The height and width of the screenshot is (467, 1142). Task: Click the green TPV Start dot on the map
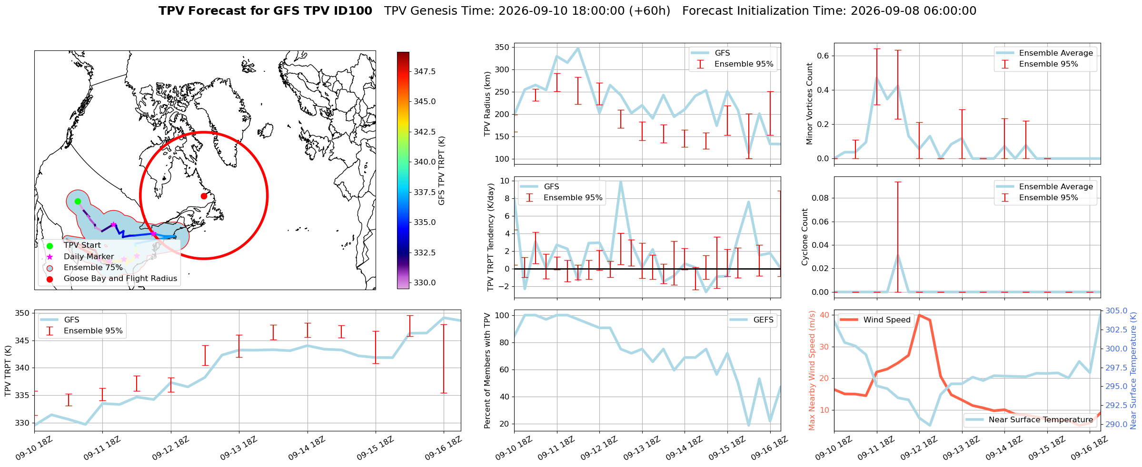(x=78, y=201)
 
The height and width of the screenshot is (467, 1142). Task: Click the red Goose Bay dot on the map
(x=204, y=196)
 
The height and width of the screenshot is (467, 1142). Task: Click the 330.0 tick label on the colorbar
(x=425, y=282)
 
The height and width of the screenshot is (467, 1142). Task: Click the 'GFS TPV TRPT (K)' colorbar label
(x=442, y=170)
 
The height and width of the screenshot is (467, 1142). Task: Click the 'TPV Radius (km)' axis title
(x=487, y=104)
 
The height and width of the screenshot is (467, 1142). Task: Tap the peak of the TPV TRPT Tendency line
(x=620, y=181)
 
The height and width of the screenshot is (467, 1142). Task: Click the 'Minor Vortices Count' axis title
(x=809, y=104)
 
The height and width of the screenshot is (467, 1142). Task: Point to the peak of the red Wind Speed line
(x=919, y=315)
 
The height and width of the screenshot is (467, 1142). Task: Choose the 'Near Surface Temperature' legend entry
(x=1029, y=419)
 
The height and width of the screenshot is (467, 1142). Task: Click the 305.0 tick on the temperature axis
(x=1116, y=311)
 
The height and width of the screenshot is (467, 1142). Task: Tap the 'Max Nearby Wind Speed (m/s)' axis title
(x=812, y=370)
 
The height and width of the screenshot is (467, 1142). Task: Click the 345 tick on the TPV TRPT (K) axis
(x=22, y=341)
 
